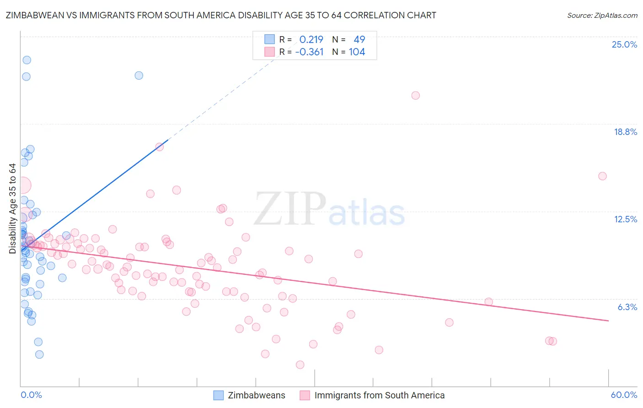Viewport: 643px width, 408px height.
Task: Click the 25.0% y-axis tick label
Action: click(624, 44)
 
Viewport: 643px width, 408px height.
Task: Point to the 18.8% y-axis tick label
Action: click(625, 132)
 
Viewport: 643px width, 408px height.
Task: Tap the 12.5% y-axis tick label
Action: click(625, 219)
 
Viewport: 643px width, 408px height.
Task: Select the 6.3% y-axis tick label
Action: click(627, 307)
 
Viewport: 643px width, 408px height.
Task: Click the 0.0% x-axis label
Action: click(31, 395)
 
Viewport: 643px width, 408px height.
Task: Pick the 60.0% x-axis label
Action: click(624, 395)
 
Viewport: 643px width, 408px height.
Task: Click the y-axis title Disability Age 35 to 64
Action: click(12, 209)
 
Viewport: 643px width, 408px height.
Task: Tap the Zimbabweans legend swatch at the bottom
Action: click(219, 395)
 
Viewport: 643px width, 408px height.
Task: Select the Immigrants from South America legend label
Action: click(379, 395)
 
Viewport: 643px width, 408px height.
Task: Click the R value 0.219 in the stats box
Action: click(311, 39)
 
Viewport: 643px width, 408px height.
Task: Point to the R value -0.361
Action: click(309, 52)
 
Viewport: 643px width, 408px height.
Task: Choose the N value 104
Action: click(357, 52)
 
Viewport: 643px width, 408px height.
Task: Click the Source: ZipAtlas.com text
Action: click(602, 15)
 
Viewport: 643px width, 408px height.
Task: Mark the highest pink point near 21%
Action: click(415, 96)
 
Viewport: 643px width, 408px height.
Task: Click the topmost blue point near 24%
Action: click(27, 60)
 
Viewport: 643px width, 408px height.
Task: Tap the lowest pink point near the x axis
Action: click(300, 365)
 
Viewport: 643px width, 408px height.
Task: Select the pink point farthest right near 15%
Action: click(602, 176)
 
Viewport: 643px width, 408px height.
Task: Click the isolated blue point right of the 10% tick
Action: click(139, 75)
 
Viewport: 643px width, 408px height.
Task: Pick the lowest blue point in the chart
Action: click(39, 354)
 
